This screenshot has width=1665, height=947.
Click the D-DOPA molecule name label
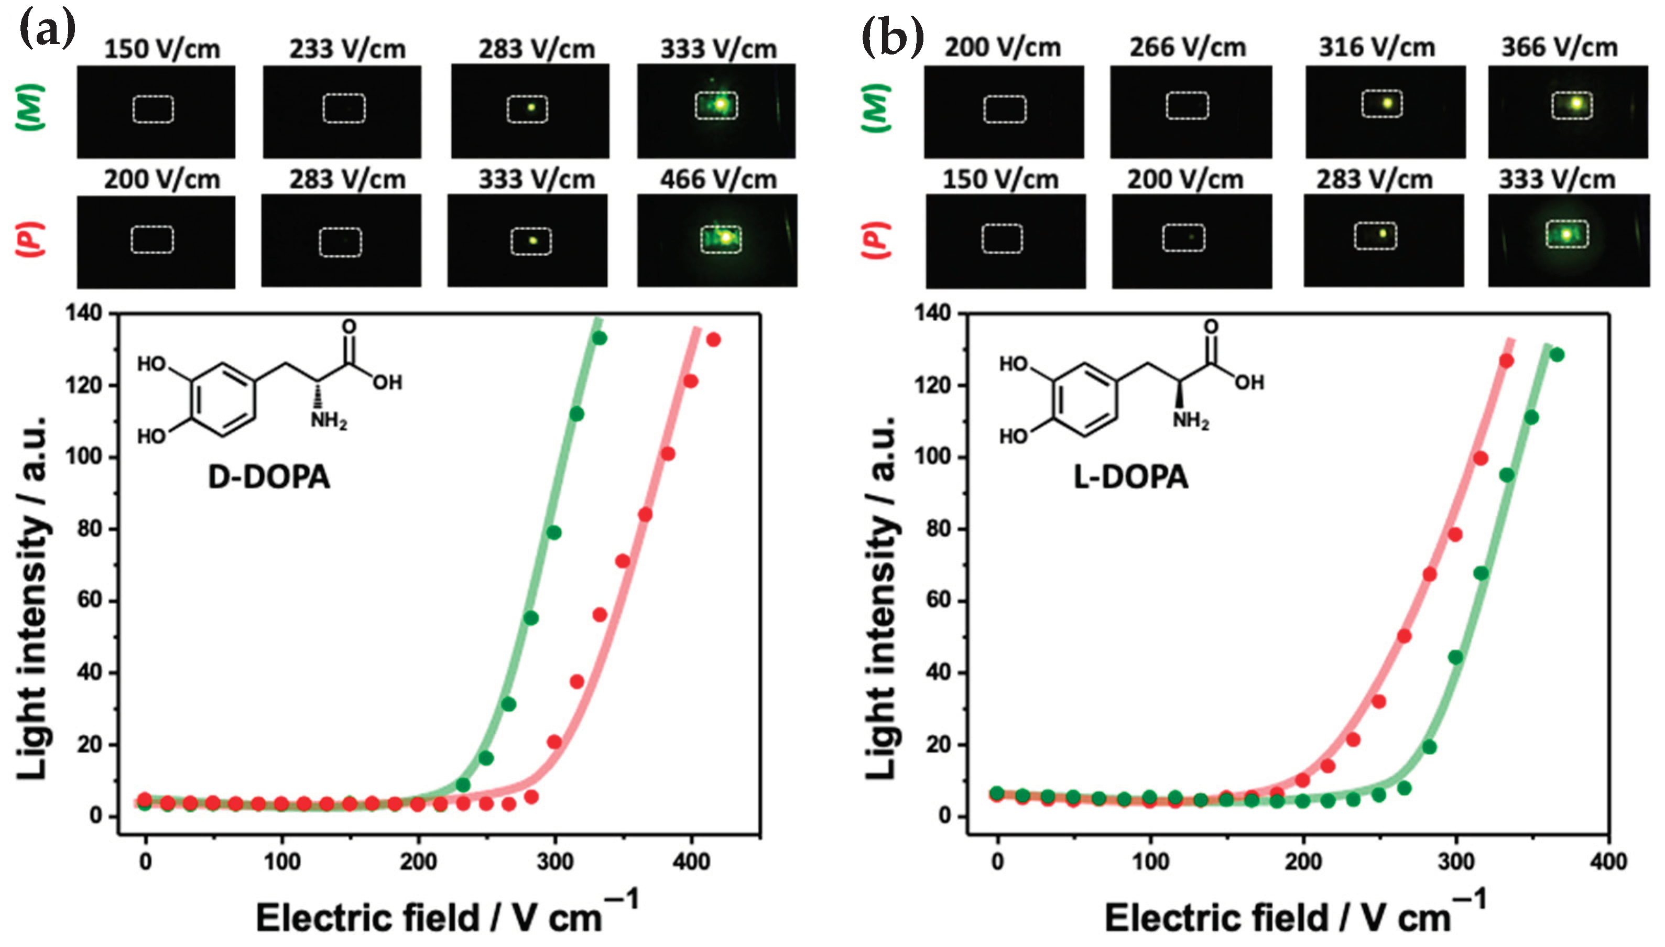tap(269, 477)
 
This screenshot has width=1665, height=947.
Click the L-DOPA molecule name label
tap(1130, 477)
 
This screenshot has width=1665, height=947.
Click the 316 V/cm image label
tap(1376, 48)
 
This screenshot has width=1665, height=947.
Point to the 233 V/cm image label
tap(347, 49)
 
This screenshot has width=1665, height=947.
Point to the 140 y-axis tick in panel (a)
tap(83, 313)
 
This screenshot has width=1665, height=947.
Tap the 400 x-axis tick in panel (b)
tap(1608, 862)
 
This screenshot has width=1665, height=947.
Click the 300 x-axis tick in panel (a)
tap(554, 862)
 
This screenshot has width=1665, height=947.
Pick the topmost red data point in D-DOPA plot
tap(713, 340)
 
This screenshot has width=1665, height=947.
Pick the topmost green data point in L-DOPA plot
tap(1557, 354)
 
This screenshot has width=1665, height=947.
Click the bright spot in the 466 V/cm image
tap(726, 237)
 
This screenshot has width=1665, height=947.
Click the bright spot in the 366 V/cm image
tap(1576, 103)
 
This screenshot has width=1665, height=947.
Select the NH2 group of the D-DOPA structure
tap(329, 421)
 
